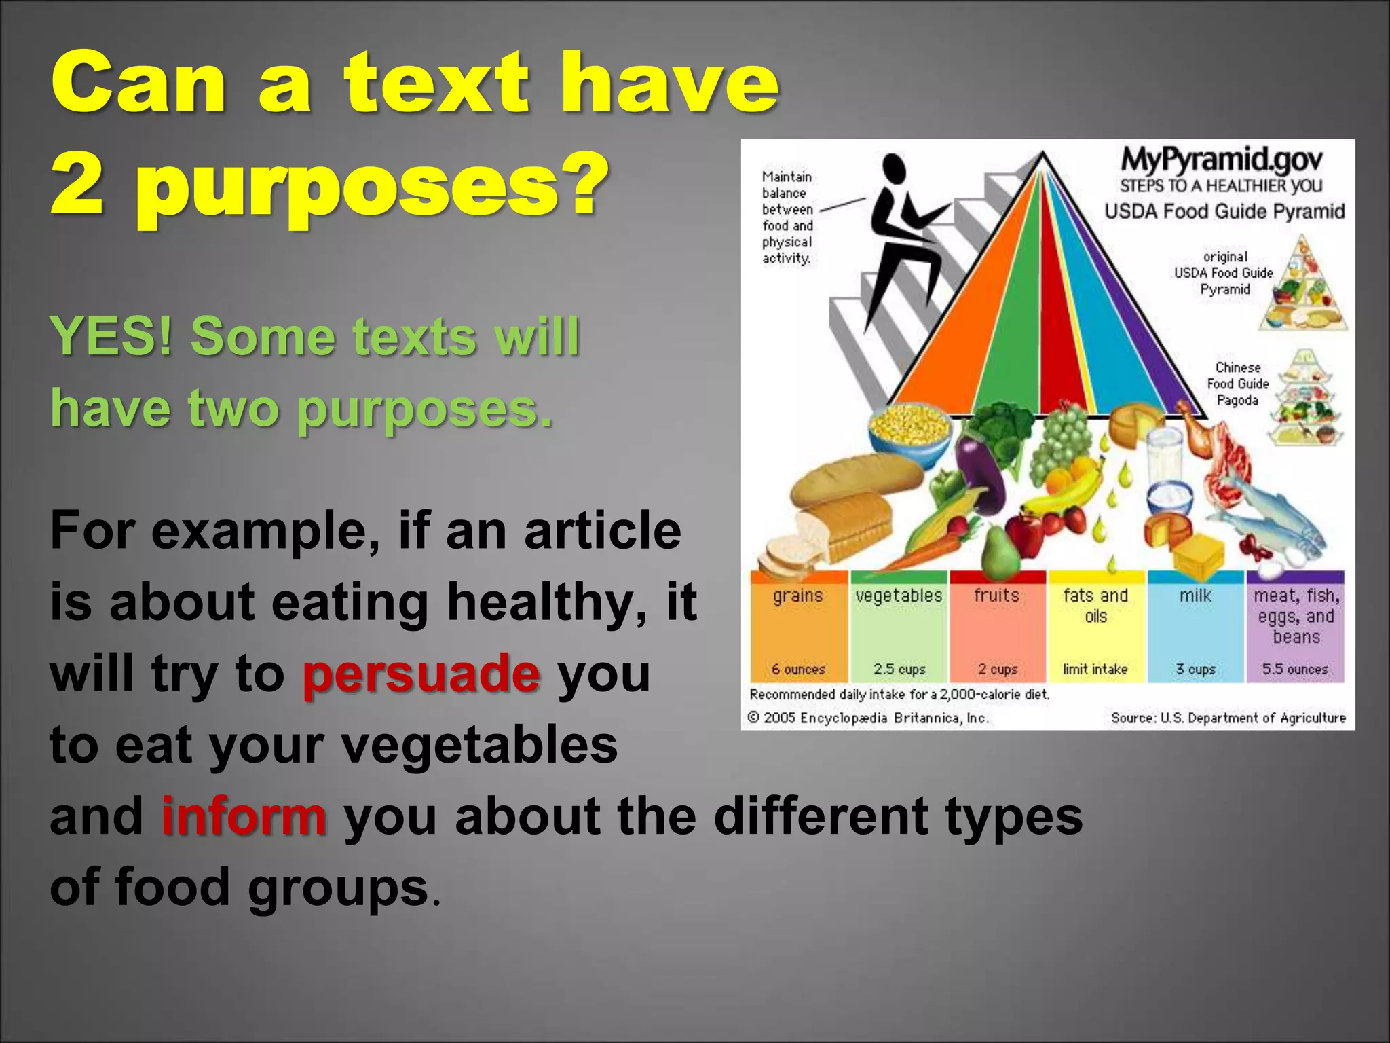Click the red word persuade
point(421,674)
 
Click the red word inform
point(244,816)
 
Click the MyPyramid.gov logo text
point(1221,160)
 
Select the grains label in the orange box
point(797,596)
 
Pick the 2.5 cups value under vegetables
point(899,670)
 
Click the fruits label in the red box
point(996,596)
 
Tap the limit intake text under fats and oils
point(1095,670)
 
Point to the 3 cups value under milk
point(1195,670)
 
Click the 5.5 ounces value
point(1294,670)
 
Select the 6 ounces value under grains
point(798,670)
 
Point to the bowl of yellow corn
point(910,426)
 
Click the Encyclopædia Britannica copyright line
point(868,718)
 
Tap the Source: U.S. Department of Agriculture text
point(1228,718)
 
